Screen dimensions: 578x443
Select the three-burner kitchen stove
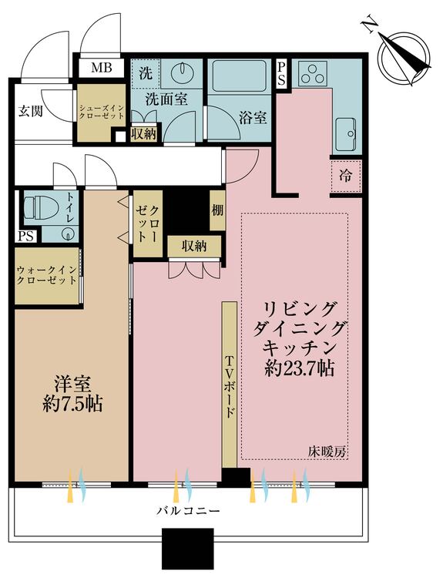(x=314, y=75)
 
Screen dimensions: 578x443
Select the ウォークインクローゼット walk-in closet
(x=46, y=276)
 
